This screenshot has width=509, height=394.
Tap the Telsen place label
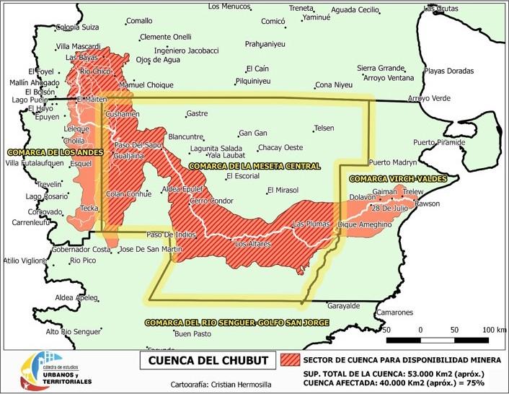(x=324, y=128)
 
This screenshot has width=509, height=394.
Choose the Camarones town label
(x=394, y=312)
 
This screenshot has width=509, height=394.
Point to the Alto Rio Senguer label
(x=74, y=332)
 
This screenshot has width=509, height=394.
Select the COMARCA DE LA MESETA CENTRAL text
(x=254, y=166)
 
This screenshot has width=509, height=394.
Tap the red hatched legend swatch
(x=290, y=359)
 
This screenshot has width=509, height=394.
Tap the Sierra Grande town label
(x=381, y=68)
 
